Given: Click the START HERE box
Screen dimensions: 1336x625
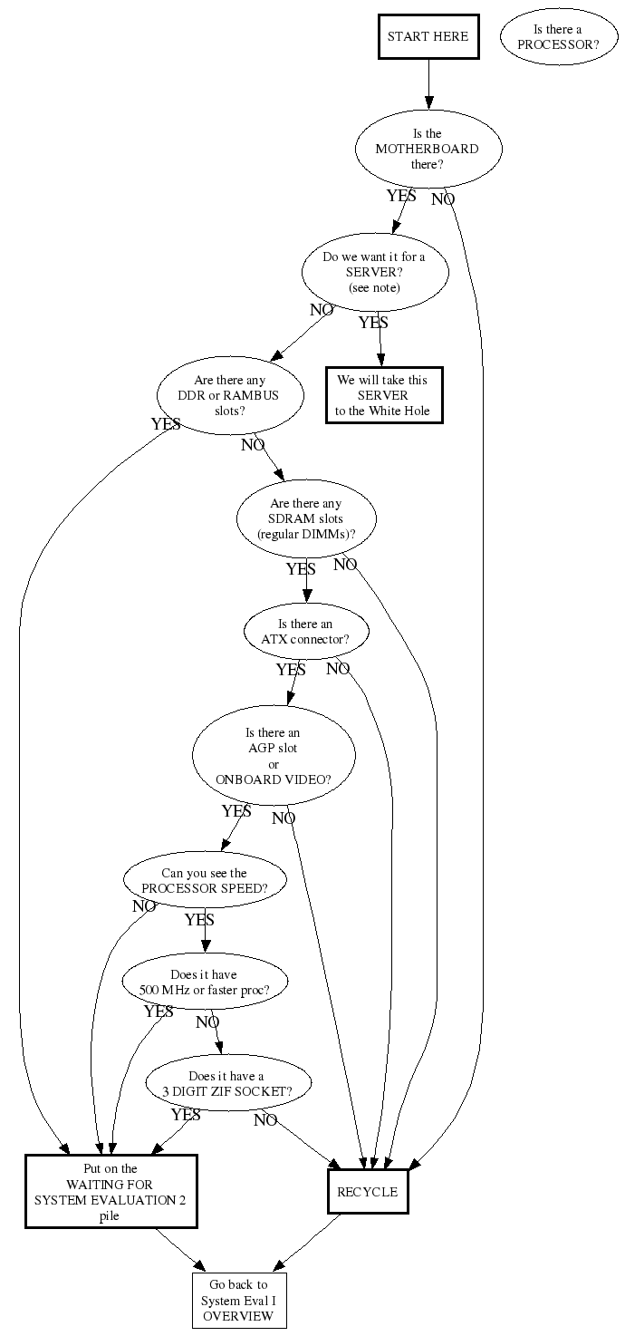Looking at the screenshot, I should [428, 37].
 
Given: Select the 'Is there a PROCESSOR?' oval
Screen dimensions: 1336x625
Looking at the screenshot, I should [557, 37].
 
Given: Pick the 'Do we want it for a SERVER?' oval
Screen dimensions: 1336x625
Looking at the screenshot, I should [374, 272].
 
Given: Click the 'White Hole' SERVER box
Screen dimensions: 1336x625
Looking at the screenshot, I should [382, 395].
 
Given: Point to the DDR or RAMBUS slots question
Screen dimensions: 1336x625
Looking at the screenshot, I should [229, 396].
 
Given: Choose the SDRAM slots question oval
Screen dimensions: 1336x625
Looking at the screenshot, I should [306, 519].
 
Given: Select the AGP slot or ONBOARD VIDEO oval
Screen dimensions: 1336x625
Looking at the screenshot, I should [273, 756].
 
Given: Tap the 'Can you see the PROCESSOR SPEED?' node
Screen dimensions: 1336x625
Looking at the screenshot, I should [204, 881].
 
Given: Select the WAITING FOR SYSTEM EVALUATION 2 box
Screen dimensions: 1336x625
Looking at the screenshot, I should [111, 1192].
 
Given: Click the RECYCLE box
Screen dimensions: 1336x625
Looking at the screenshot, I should [367, 1192].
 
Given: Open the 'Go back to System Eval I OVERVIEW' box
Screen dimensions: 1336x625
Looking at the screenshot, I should [238, 1301].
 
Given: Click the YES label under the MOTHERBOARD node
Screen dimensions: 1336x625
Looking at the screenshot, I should [401, 196].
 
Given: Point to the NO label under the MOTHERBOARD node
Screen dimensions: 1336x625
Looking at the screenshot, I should [443, 199].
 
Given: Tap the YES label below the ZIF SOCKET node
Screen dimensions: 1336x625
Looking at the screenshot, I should [186, 1115].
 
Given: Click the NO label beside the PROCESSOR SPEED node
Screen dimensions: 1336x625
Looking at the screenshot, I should [144, 906].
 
